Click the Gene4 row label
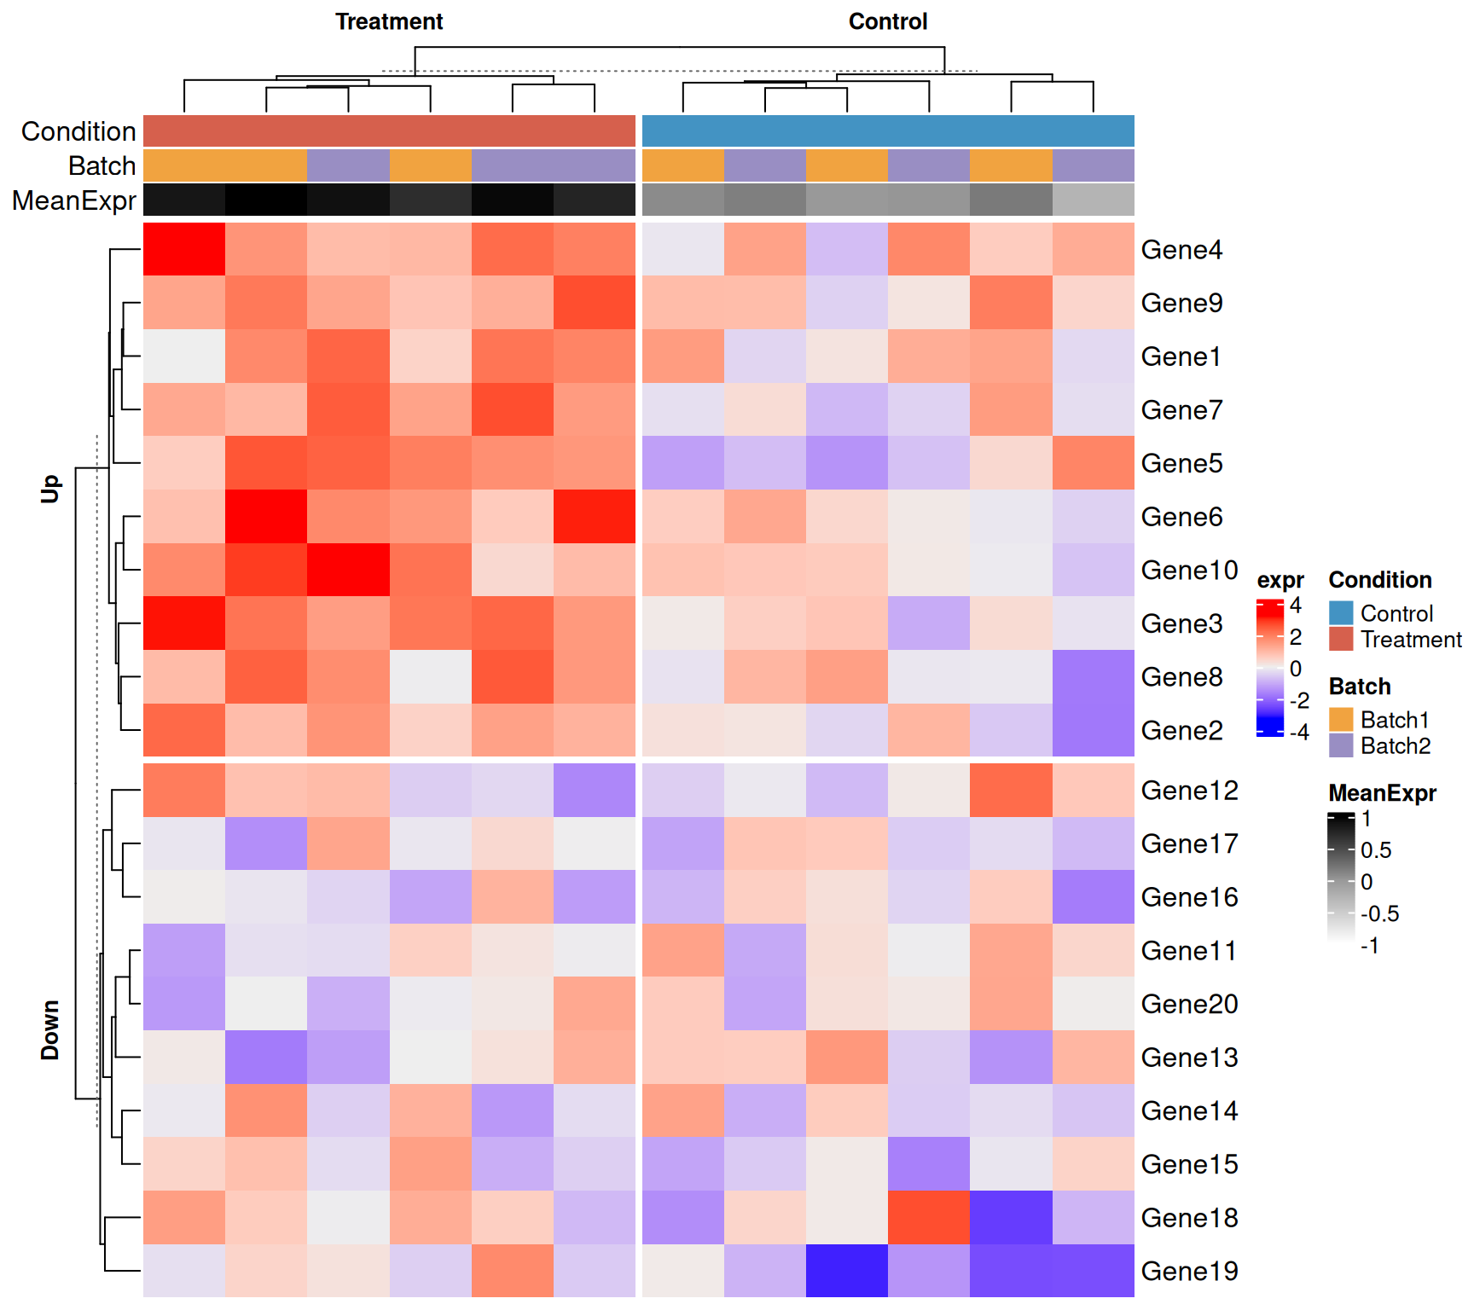point(1181,250)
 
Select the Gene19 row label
point(1188,1271)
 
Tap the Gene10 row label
point(1188,570)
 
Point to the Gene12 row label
point(1188,791)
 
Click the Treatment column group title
point(389,21)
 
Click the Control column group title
point(887,21)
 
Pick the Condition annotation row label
point(78,131)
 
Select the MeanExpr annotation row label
point(74,200)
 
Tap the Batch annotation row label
point(102,165)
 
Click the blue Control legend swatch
point(1341,613)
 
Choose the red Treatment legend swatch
point(1341,639)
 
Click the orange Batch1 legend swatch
point(1341,720)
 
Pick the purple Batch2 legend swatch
point(1341,745)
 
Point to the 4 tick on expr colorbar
point(1296,606)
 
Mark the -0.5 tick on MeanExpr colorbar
point(1379,914)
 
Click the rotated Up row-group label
point(50,489)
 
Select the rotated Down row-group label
point(50,1029)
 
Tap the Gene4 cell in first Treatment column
point(184,249)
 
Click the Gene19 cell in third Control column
point(846,1271)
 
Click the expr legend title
point(1280,580)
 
